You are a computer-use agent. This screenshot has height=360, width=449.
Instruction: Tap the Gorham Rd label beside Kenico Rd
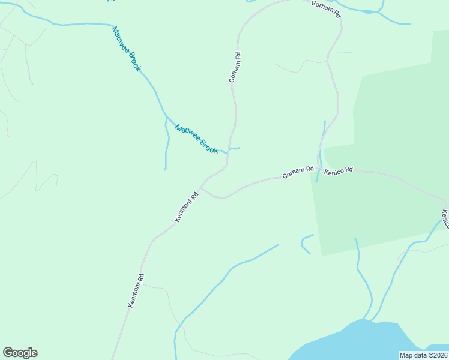pos(298,173)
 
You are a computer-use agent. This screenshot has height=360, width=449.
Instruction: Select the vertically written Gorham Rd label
pos(235,67)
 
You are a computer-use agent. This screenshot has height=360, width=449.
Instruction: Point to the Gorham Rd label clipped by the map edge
pos(326,7)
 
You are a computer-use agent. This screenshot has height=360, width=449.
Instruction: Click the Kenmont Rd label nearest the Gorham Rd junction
pos(187,207)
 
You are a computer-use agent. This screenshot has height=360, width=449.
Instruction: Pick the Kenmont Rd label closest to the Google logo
pos(137,291)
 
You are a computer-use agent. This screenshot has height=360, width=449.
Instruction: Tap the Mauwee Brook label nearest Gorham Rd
pos(196,139)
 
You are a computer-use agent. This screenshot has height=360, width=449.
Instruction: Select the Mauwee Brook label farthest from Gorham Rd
pos(126,49)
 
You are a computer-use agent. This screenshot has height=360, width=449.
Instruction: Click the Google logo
pos(20,353)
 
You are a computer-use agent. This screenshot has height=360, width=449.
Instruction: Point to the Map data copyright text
pos(423,355)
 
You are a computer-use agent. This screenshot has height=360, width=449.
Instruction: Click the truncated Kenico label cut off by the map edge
pos(445,218)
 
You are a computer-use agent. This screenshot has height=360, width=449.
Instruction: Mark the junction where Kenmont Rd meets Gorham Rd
pos(201,187)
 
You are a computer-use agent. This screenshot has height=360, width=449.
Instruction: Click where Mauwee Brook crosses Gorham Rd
pos(228,150)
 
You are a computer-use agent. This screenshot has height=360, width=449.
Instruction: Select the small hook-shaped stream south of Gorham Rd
pos(305,242)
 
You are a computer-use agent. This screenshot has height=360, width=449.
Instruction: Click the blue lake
pos(360,342)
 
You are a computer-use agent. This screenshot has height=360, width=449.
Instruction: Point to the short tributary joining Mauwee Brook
pos(167,144)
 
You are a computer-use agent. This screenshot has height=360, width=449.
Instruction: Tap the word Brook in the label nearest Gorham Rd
pos(208,146)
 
